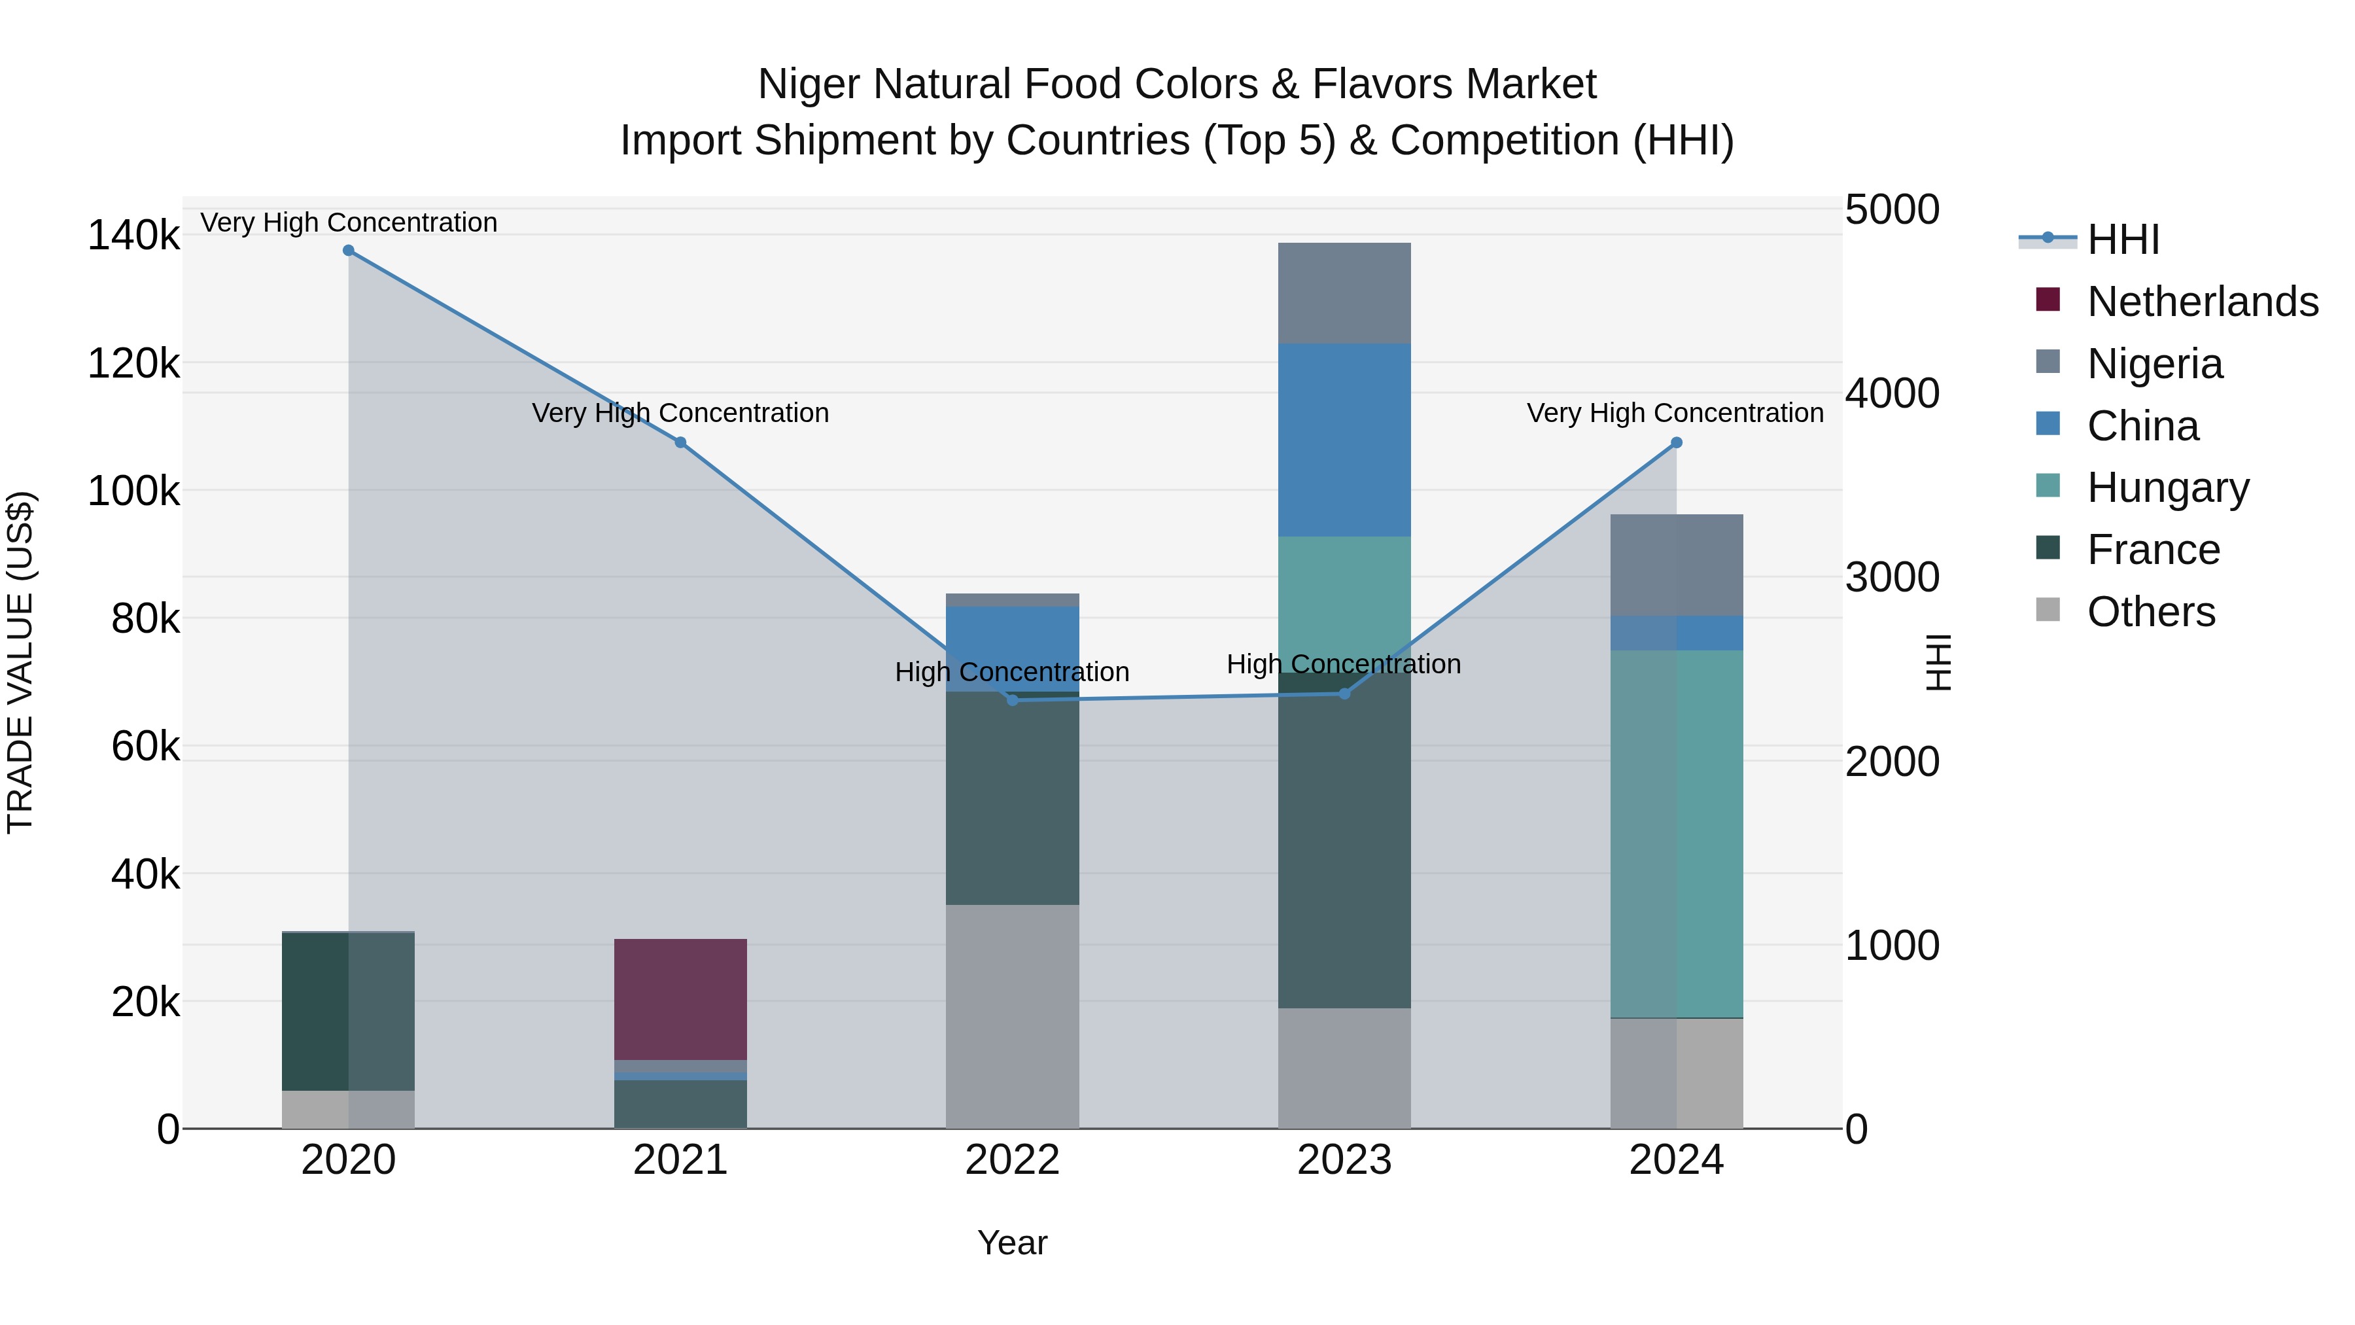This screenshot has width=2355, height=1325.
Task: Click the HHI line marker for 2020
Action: (x=348, y=251)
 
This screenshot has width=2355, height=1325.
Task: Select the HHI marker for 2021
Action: (x=680, y=442)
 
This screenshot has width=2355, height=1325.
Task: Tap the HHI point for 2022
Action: (x=1012, y=700)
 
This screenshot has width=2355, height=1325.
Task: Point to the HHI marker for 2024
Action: (x=1676, y=442)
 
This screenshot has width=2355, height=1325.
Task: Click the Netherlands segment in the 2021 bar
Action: (x=680, y=998)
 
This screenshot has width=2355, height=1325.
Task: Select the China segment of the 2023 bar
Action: (x=1344, y=439)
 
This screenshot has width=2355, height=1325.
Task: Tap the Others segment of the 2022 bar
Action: (x=1012, y=1016)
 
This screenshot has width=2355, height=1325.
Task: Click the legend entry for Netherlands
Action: (x=2203, y=302)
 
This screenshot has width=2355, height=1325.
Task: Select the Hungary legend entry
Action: (x=2168, y=487)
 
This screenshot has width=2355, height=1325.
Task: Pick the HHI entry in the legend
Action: (x=2123, y=239)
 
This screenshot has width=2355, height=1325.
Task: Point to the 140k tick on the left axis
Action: (x=133, y=236)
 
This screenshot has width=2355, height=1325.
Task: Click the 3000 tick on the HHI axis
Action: (x=1891, y=577)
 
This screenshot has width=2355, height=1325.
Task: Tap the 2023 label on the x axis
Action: (x=1344, y=1160)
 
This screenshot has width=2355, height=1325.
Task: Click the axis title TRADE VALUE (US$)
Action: (x=21, y=662)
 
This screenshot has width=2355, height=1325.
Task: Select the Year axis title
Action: (x=1012, y=1243)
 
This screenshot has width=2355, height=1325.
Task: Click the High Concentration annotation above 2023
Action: (x=1343, y=664)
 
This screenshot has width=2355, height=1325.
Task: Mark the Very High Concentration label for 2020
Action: (x=348, y=222)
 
